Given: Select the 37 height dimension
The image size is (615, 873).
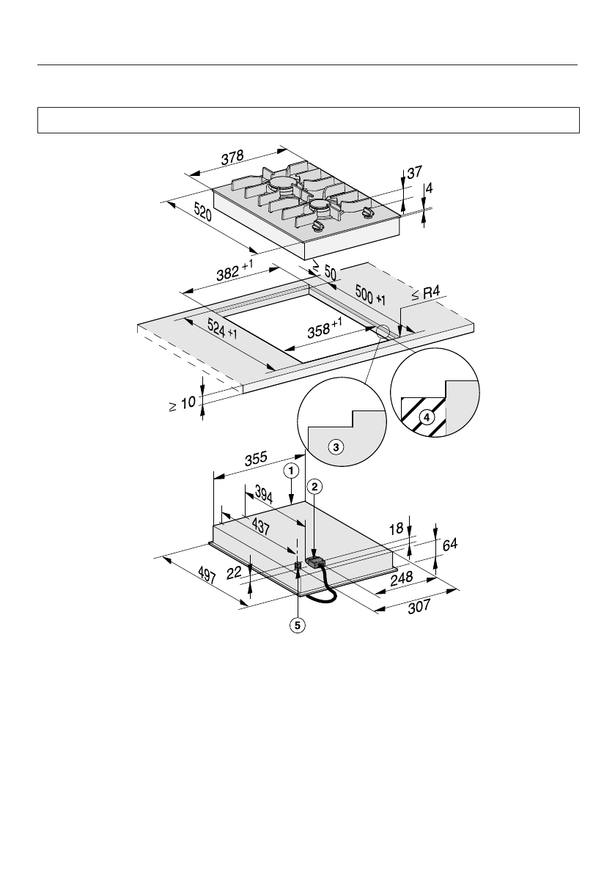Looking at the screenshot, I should [x=414, y=173].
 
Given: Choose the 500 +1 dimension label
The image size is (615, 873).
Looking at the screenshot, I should [x=370, y=293].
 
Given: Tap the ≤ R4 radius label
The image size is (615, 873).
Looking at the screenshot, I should [x=426, y=294].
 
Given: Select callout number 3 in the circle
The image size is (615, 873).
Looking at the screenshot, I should [x=336, y=446].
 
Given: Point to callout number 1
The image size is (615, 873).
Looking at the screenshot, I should [x=292, y=468].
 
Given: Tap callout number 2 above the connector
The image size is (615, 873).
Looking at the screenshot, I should [x=314, y=485].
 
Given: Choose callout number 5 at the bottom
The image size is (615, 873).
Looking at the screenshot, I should [x=298, y=625].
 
